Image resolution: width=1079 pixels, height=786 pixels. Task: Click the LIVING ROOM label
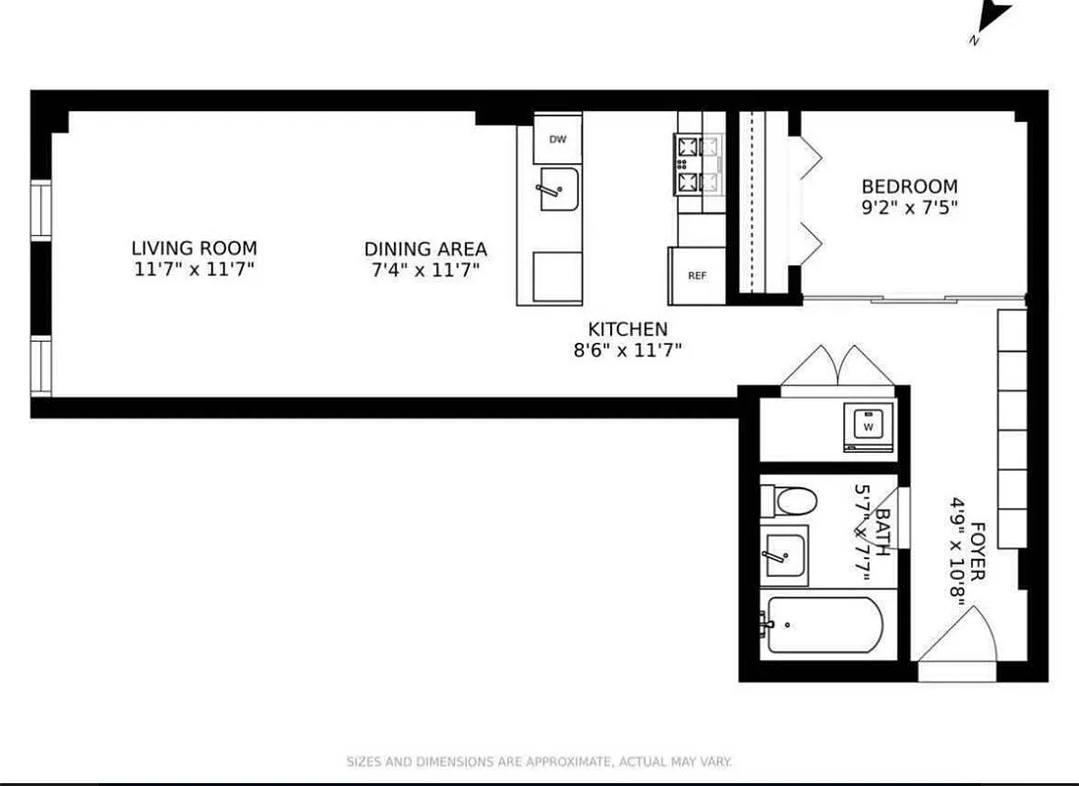(195, 249)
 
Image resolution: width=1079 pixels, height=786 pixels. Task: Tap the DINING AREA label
(426, 250)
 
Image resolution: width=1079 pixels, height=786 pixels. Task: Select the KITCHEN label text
(627, 329)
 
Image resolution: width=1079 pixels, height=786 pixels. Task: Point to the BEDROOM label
(909, 187)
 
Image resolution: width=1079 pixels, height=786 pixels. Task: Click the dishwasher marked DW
(558, 140)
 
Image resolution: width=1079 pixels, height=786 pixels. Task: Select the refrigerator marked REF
(697, 275)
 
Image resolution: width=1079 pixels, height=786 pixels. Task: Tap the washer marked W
(868, 427)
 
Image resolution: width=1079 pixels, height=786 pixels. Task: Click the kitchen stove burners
(698, 164)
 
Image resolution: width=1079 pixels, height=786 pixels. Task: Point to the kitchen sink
(557, 189)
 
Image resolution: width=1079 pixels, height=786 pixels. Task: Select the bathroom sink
(784, 556)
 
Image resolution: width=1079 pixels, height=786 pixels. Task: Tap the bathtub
(823, 625)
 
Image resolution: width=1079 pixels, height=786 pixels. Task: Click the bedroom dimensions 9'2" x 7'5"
(909, 207)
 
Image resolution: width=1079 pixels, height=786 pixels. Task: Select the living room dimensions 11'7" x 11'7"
(195, 269)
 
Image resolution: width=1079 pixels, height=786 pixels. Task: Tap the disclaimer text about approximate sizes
(539, 761)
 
